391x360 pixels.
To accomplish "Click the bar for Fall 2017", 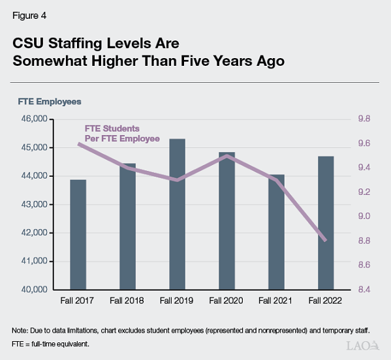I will point(78,234).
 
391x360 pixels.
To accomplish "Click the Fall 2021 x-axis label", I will point(276,301).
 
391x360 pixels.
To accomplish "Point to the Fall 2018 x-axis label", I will point(128,301).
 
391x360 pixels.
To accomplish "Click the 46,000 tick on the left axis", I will point(33,119).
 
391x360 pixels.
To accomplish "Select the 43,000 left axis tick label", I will point(33,204).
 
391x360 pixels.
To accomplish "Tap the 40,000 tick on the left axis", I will point(33,290).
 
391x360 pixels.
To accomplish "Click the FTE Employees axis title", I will point(49,101).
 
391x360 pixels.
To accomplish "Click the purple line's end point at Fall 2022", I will point(326,241).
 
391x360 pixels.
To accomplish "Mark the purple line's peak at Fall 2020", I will point(227,155).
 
